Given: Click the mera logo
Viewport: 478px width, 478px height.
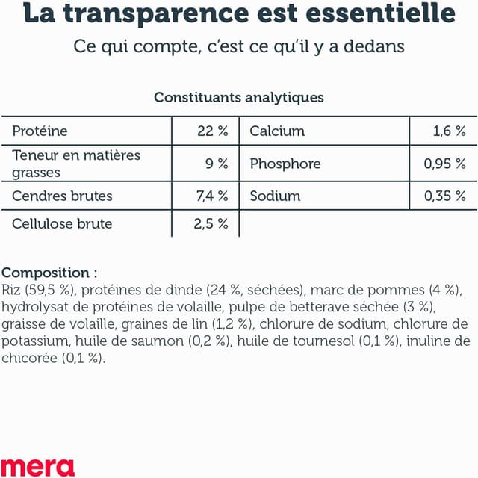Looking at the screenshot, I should [38, 466].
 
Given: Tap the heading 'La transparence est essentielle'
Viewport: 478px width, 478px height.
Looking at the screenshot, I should [239, 13].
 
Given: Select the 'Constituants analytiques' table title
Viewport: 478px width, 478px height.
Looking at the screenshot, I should [239, 97].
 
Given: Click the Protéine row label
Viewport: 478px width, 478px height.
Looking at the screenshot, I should [40, 131].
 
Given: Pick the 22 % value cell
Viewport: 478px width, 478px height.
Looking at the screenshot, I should [212, 131].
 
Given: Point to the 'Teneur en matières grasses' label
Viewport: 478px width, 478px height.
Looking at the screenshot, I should [76, 164].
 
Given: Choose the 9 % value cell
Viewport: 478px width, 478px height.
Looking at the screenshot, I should [217, 164].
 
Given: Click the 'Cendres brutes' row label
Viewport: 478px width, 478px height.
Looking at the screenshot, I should [63, 196].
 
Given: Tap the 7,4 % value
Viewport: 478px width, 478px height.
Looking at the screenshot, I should [211, 196].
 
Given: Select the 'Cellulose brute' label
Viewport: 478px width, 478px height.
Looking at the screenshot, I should [62, 223].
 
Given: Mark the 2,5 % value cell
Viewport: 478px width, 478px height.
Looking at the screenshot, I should [211, 223].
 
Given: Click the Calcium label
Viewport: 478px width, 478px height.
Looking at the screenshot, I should [277, 131].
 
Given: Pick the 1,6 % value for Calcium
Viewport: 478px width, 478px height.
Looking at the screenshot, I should [450, 131].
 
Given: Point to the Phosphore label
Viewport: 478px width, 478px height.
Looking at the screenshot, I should [285, 164].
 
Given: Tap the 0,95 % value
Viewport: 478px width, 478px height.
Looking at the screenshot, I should [445, 164].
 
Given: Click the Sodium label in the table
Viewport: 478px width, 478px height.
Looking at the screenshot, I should [275, 196].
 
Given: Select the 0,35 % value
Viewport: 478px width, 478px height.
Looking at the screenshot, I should [445, 196].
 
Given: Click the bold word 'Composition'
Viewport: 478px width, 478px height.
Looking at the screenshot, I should [46, 273].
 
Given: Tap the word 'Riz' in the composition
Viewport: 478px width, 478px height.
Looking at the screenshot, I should [11, 290].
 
